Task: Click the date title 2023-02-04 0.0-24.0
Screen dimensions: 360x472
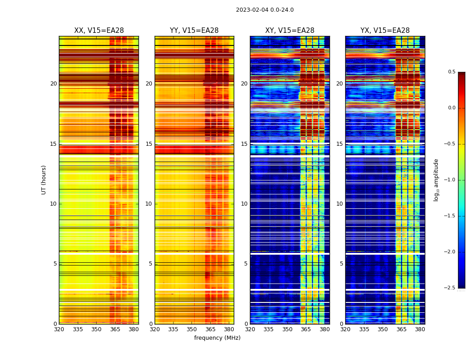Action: (265, 10)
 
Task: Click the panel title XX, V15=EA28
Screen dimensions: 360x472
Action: (99, 31)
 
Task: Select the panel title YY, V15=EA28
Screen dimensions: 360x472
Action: (194, 31)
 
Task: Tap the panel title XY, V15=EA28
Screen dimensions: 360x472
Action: (290, 31)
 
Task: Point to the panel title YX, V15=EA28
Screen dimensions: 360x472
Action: (385, 31)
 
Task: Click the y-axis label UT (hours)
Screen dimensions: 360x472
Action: (44, 180)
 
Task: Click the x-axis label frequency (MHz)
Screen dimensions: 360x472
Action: (217, 338)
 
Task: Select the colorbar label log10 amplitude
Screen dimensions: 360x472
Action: (436, 180)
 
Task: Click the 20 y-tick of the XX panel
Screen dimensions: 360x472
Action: (53, 84)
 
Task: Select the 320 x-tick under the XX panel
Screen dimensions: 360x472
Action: (59, 329)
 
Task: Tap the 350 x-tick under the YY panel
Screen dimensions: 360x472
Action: (192, 329)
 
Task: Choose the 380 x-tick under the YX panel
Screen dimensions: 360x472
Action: (420, 329)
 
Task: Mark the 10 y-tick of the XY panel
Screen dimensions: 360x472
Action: (244, 204)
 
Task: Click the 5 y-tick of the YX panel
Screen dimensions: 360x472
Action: (341, 264)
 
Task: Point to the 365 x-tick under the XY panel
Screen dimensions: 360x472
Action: (306, 329)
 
